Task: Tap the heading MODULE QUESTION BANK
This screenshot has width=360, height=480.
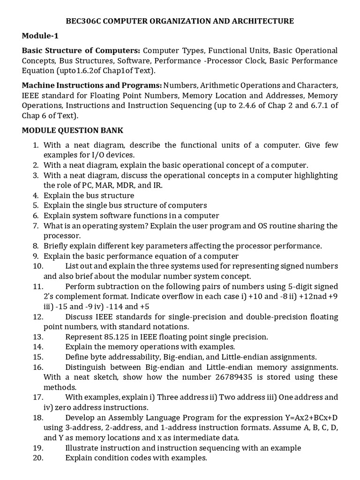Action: tap(73, 130)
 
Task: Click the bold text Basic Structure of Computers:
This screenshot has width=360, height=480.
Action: tap(81, 50)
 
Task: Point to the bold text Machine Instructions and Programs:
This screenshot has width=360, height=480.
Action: tap(92, 85)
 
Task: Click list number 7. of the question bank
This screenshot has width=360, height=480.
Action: tap(36, 226)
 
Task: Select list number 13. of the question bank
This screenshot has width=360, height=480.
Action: tap(38, 337)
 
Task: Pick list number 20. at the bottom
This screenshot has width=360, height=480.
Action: tap(38, 457)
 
